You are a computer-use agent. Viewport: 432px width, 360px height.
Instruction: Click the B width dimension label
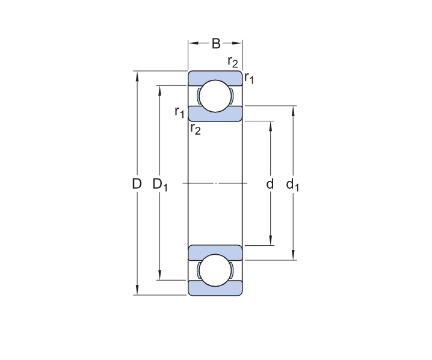215,43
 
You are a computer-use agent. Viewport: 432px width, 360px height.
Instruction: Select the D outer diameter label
137,184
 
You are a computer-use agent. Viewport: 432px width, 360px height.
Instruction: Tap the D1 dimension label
160,185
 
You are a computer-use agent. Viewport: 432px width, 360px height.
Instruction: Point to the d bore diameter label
270,184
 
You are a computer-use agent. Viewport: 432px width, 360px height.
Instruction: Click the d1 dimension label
293,185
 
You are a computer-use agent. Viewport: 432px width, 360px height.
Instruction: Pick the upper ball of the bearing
215,96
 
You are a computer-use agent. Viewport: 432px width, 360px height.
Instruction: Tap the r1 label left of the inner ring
179,111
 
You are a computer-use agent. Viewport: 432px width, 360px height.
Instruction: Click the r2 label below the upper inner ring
195,128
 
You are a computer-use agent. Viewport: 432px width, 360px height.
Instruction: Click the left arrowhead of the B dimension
192,43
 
